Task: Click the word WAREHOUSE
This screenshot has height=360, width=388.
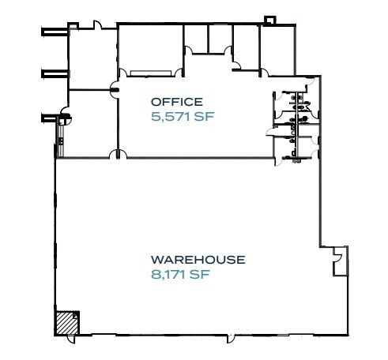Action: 198,259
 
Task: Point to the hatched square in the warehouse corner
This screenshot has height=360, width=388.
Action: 66,322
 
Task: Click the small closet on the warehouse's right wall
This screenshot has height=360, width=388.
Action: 339,260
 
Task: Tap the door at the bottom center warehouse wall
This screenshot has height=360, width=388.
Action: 229,339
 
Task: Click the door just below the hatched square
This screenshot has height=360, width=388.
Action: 73,338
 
